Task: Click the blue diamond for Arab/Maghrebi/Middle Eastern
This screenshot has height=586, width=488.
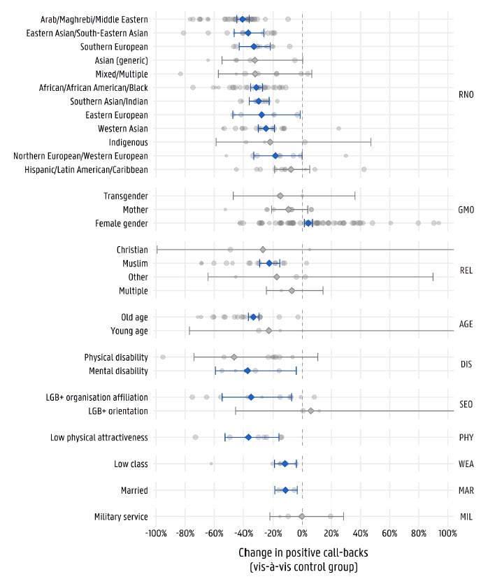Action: tap(242, 19)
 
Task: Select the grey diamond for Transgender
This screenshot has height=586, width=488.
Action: tap(280, 196)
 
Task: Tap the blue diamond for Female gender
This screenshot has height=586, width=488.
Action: tap(308, 223)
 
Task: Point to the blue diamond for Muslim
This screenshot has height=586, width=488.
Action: tap(269, 263)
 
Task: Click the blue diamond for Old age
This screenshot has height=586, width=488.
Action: tap(253, 317)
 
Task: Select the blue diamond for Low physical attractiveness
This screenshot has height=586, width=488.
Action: tap(248, 437)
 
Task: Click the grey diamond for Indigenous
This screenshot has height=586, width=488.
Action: tap(270, 142)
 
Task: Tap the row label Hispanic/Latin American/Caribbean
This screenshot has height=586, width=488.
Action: tap(86, 169)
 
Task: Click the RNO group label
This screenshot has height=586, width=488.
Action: tap(466, 95)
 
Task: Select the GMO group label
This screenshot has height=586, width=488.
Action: tap(466, 209)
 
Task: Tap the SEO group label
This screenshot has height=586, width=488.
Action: tap(466, 404)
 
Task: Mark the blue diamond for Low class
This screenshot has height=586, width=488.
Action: tap(285, 464)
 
